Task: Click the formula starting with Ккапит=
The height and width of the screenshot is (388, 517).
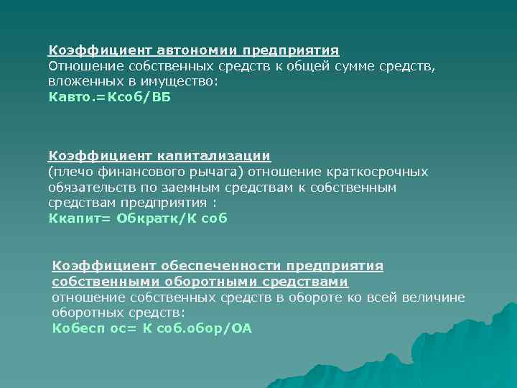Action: [x=137, y=218]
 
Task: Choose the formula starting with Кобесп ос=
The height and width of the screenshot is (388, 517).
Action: [x=152, y=329]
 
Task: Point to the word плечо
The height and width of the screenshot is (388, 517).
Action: [x=70, y=172]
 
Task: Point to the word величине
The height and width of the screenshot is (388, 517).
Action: [x=432, y=297]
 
